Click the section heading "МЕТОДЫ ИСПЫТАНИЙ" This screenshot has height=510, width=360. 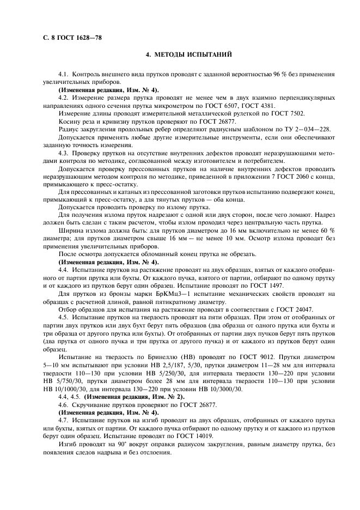point(194,55)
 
